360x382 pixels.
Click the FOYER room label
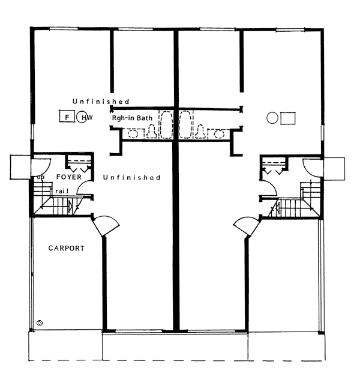click(69, 177)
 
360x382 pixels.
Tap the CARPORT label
click(67, 248)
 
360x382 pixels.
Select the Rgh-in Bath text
click(132, 118)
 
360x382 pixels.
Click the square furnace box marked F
click(67, 116)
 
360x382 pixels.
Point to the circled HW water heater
click(82, 117)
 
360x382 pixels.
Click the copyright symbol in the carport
click(40, 323)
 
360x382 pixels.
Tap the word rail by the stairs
click(62, 191)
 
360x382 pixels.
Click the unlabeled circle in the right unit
click(272, 118)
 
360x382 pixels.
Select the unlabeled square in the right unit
click(288, 118)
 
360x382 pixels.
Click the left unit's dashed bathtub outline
click(166, 125)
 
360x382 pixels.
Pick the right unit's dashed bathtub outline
click(185, 125)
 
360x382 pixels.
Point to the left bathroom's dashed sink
click(133, 134)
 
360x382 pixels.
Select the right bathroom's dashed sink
click(219, 134)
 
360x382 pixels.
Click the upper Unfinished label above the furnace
click(101, 102)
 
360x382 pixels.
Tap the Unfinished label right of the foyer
click(131, 177)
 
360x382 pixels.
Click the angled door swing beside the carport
click(106, 226)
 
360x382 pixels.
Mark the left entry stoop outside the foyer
click(20, 167)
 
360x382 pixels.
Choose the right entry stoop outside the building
click(334, 169)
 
